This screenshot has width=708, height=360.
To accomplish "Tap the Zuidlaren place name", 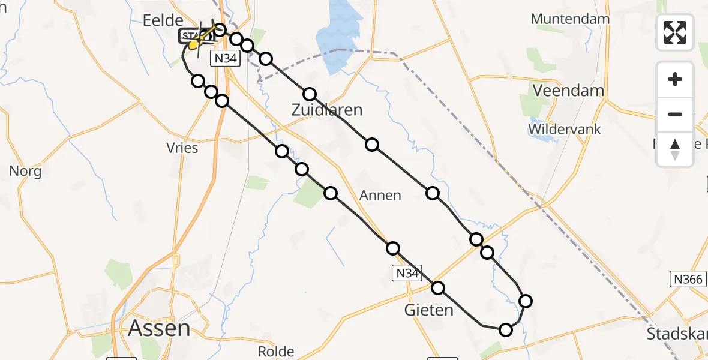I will click(327, 110).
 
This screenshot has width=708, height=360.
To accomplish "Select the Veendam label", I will click(569, 91).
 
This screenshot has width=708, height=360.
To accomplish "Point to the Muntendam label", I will click(570, 19).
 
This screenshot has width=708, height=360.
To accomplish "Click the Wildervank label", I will click(564, 129).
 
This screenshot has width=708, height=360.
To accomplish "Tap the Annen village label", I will click(380, 196).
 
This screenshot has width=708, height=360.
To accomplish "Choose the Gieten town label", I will click(429, 310).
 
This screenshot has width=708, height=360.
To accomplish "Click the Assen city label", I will click(160, 328).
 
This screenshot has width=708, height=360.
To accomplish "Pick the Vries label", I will click(182, 148).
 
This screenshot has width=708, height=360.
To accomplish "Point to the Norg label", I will click(25, 172).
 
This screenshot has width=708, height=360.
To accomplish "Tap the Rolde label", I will click(275, 351).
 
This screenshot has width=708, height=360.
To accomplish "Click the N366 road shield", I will click(687, 279).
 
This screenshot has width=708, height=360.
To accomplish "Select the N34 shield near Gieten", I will click(407, 274).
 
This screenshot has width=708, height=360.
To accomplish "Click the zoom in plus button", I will click(675, 79).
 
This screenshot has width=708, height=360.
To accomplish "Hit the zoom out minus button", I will click(675, 114).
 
